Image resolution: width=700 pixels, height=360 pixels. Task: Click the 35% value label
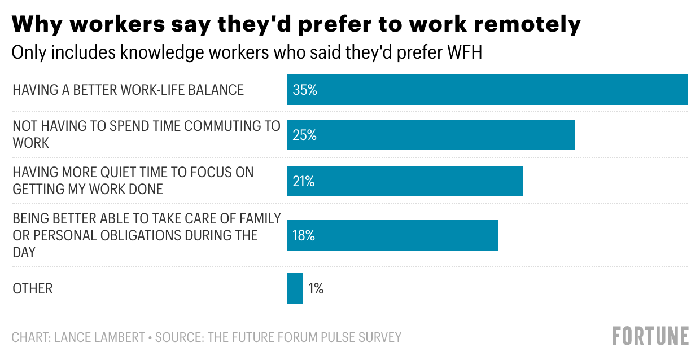(x=305, y=90)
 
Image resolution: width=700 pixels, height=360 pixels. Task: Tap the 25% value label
(x=305, y=135)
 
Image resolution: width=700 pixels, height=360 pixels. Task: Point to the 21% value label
(x=304, y=181)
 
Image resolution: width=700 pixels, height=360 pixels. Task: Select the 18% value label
(x=304, y=235)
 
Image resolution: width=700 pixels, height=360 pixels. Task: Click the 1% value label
(x=316, y=288)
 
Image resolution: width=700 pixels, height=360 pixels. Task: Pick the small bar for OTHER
(x=295, y=288)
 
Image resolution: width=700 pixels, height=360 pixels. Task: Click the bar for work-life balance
(x=487, y=90)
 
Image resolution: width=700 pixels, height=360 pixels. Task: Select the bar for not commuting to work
(x=431, y=135)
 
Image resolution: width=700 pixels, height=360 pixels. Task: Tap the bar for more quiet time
(x=405, y=181)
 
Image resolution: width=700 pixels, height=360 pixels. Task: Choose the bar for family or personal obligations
(x=392, y=235)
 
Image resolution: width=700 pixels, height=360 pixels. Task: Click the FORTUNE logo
(x=651, y=336)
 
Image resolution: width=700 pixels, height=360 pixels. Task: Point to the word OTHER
(x=33, y=288)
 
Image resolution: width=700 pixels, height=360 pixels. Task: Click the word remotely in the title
(x=527, y=24)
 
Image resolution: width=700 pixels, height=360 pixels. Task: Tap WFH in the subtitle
(x=465, y=52)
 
